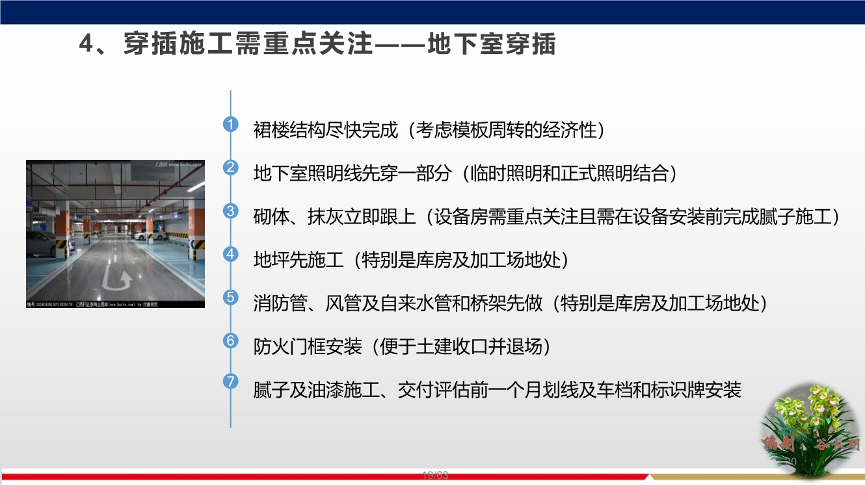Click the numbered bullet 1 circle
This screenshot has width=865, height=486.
pyautogui.click(x=231, y=124)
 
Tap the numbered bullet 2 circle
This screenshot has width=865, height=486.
pyautogui.click(x=231, y=168)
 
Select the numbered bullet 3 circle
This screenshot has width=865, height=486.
pyautogui.click(x=231, y=211)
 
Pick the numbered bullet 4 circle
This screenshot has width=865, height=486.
pyautogui.click(x=231, y=254)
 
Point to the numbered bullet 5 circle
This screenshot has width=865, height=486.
pyautogui.click(x=231, y=298)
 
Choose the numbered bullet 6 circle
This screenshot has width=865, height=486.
pyautogui.click(x=231, y=340)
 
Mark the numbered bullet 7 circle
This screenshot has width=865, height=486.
pyautogui.click(x=231, y=381)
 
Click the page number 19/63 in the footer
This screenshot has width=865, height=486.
pyautogui.click(x=435, y=476)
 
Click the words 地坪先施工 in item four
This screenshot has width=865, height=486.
pyautogui.click(x=298, y=260)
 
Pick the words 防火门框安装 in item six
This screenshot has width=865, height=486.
pyautogui.click(x=307, y=346)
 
